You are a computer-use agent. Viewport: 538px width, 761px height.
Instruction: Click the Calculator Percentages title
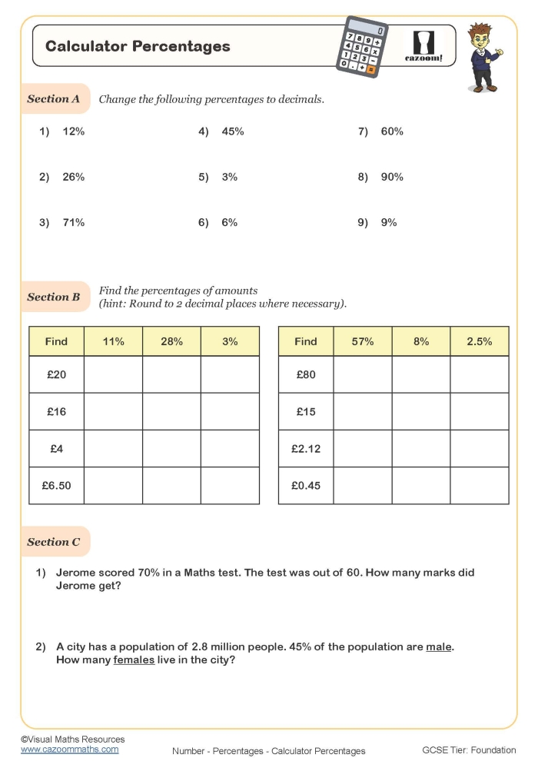pyautogui.click(x=138, y=46)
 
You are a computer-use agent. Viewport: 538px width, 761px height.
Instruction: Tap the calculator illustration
pyautogui.click(x=364, y=47)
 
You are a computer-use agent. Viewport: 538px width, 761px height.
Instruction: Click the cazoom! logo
pyautogui.click(x=423, y=46)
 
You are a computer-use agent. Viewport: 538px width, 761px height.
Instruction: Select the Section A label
pyautogui.click(x=54, y=98)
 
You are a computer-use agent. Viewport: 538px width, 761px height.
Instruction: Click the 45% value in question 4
pyautogui.click(x=233, y=131)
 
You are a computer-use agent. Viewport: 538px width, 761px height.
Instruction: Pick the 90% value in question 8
pyautogui.click(x=392, y=177)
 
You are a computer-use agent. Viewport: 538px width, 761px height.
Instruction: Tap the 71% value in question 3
pyautogui.click(x=74, y=222)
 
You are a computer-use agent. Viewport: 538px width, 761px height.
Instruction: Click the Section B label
pyautogui.click(x=54, y=297)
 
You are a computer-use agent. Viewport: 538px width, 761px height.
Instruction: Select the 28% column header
pyautogui.click(x=171, y=341)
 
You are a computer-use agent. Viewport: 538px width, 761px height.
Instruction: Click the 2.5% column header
pyautogui.click(x=479, y=341)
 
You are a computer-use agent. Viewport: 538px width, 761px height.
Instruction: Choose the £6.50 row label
pyautogui.click(x=56, y=486)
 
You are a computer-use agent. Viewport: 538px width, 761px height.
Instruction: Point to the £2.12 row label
pyautogui.click(x=306, y=449)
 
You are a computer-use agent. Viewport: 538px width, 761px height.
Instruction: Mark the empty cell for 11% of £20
pyautogui.click(x=113, y=375)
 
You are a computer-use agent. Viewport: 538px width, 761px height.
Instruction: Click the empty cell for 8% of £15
pyautogui.click(x=420, y=412)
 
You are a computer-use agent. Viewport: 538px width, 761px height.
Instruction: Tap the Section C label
pyautogui.click(x=54, y=542)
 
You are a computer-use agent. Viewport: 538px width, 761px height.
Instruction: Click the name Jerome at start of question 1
pyautogui.click(x=77, y=573)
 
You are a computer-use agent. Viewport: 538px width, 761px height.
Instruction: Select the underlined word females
pyautogui.click(x=134, y=660)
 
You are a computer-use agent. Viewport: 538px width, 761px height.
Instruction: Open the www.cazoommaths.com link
pyautogui.click(x=70, y=749)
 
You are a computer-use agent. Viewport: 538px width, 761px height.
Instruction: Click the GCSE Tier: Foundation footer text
pyautogui.click(x=469, y=750)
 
